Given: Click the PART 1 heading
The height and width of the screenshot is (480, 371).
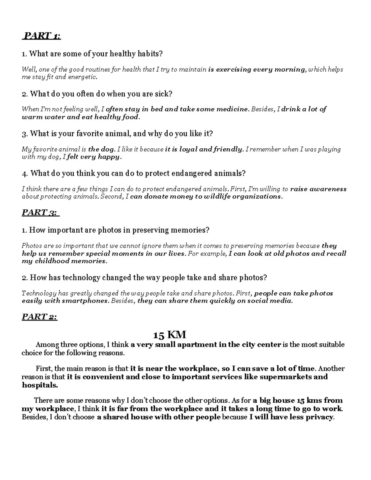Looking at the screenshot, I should click(x=42, y=36).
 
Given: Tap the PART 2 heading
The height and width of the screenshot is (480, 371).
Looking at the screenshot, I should click(x=40, y=317).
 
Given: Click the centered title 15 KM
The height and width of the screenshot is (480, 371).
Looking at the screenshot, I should click(x=170, y=335).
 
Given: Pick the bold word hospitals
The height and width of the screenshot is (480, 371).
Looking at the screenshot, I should click(x=40, y=385).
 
